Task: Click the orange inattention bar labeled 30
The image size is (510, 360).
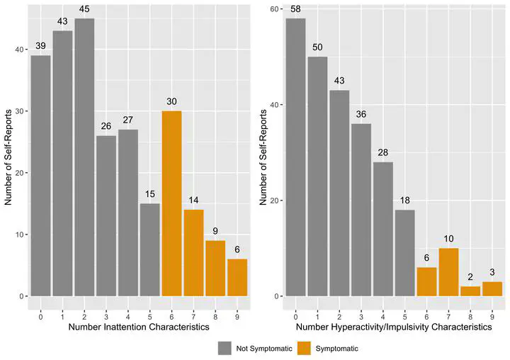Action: (x=172, y=203)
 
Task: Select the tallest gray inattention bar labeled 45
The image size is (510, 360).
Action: (x=84, y=157)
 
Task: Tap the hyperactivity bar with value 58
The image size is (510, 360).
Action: (x=296, y=157)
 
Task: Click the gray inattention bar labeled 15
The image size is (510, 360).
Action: (x=150, y=249)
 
